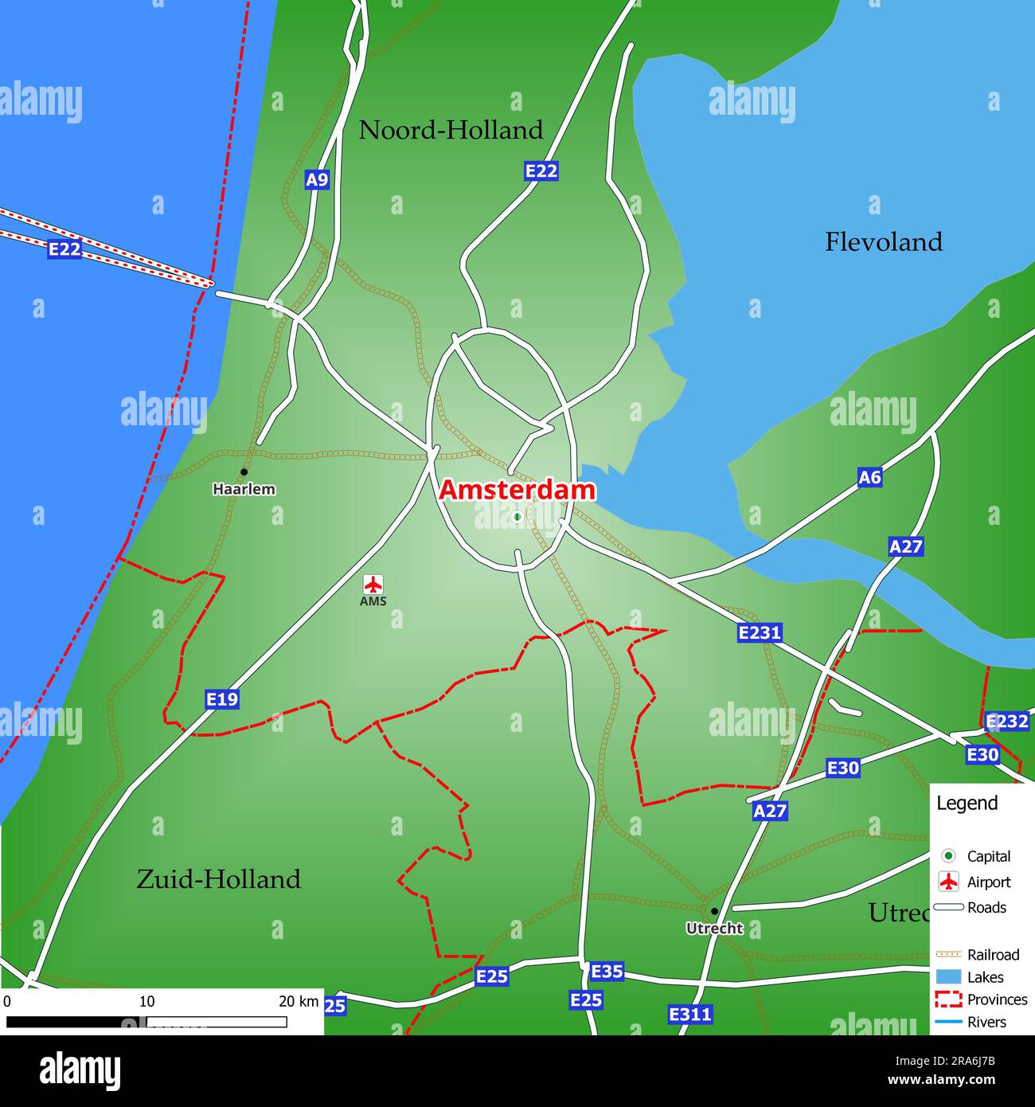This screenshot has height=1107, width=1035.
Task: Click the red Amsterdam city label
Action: point(517,491)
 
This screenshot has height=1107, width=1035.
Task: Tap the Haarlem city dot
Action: point(244,472)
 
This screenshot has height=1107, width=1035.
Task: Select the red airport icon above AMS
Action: point(373,584)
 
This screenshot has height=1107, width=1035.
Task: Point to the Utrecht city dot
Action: point(714,911)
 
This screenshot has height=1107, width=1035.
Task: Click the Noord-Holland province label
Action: point(451,130)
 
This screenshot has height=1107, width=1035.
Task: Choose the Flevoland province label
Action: point(883,242)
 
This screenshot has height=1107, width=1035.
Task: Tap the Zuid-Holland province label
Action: point(218,879)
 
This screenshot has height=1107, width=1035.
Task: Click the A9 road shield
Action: point(317,180)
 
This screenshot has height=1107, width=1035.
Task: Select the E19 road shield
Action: point(222,699)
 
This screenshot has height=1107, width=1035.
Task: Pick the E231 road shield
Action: point(760,633)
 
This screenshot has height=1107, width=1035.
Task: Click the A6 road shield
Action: point(869,477)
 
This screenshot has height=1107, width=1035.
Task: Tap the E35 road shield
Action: point(607,972)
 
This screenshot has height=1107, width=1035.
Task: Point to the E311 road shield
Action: point(689,1015)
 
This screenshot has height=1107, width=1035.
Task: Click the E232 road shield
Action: point(1007,722)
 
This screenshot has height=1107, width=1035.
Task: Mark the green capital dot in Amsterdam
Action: point(517,517)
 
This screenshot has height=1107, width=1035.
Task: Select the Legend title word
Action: point(967,804)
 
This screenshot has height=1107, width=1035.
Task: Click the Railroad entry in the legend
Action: point(993,955)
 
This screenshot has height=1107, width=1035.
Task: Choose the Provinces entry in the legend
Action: point(997,999)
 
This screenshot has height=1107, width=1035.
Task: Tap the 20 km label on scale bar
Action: point(299,1002)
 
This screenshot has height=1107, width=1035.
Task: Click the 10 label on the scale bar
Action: point(147,1002)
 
